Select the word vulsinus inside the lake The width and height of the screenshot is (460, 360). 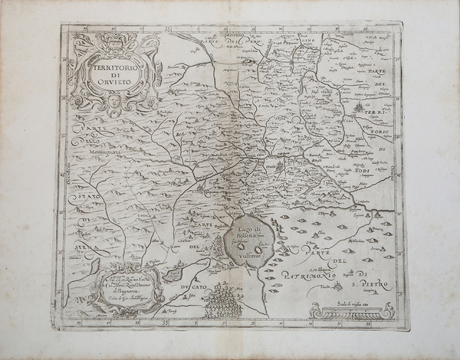point(255,259)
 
